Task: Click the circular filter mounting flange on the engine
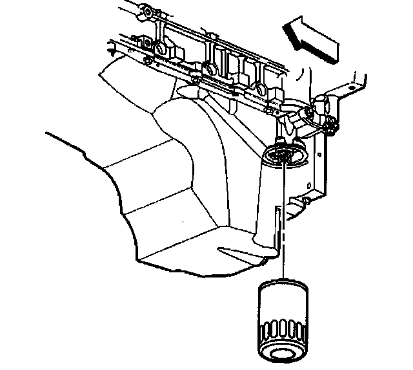tap(283, 155)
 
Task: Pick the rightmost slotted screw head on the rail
tap(259, 89)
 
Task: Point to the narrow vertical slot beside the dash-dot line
tap(277, 223)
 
